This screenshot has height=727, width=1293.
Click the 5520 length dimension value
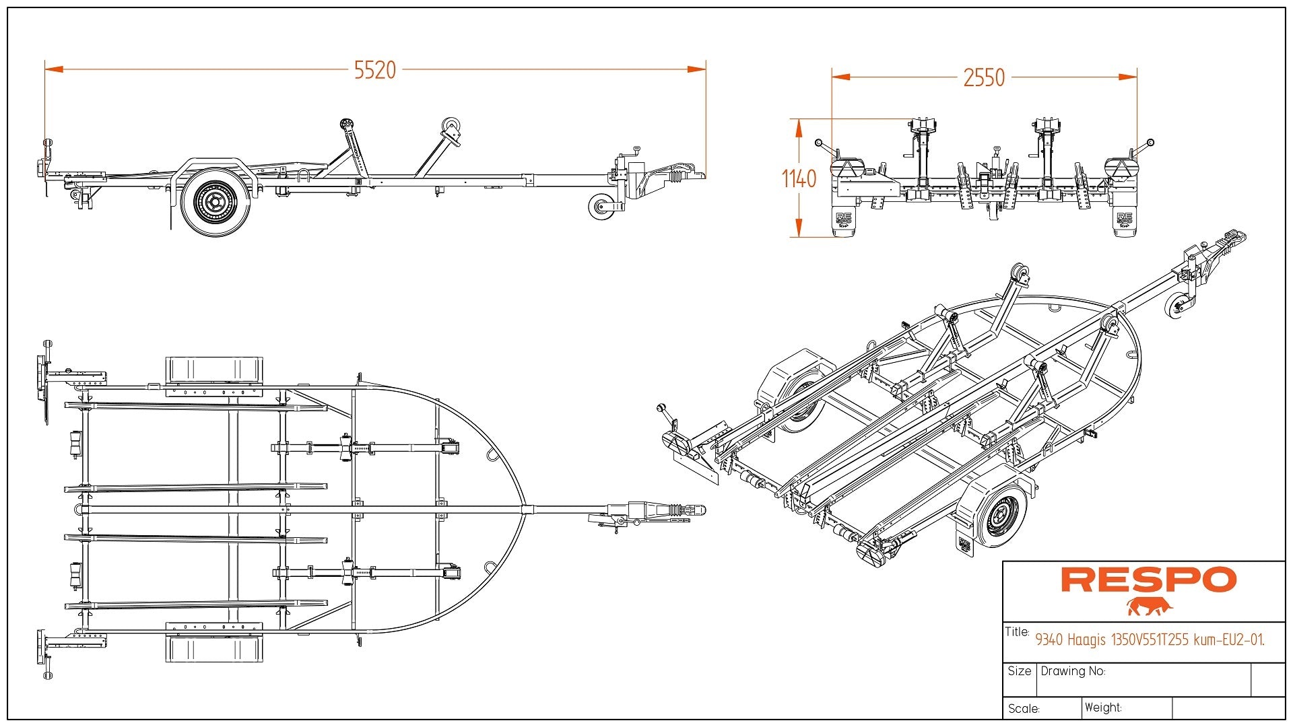[x=375, y=70]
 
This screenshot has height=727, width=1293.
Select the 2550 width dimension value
[x=984, y=78]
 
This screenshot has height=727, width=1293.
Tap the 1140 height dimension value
[x=799, y=179]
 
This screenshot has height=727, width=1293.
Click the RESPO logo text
[x=1149, y=580]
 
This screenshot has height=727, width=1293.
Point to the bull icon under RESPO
[x=1150, y=606]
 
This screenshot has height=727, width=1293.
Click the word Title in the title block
[x=1017, y=632]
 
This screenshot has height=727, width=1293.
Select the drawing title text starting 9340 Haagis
[x=1150, y=639]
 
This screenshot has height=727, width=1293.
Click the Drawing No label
[x=1073, y=671]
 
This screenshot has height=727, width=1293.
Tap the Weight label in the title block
[x=1103, y=707]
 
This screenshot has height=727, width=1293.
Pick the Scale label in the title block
[x=1024, y=709]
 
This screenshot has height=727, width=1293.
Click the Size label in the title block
[x=1020, y=671]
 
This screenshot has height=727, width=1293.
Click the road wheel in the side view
[x=215, y=201]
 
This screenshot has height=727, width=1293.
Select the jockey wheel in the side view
[x=601, y=207]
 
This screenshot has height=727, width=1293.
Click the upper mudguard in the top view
[x=214, y=370]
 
